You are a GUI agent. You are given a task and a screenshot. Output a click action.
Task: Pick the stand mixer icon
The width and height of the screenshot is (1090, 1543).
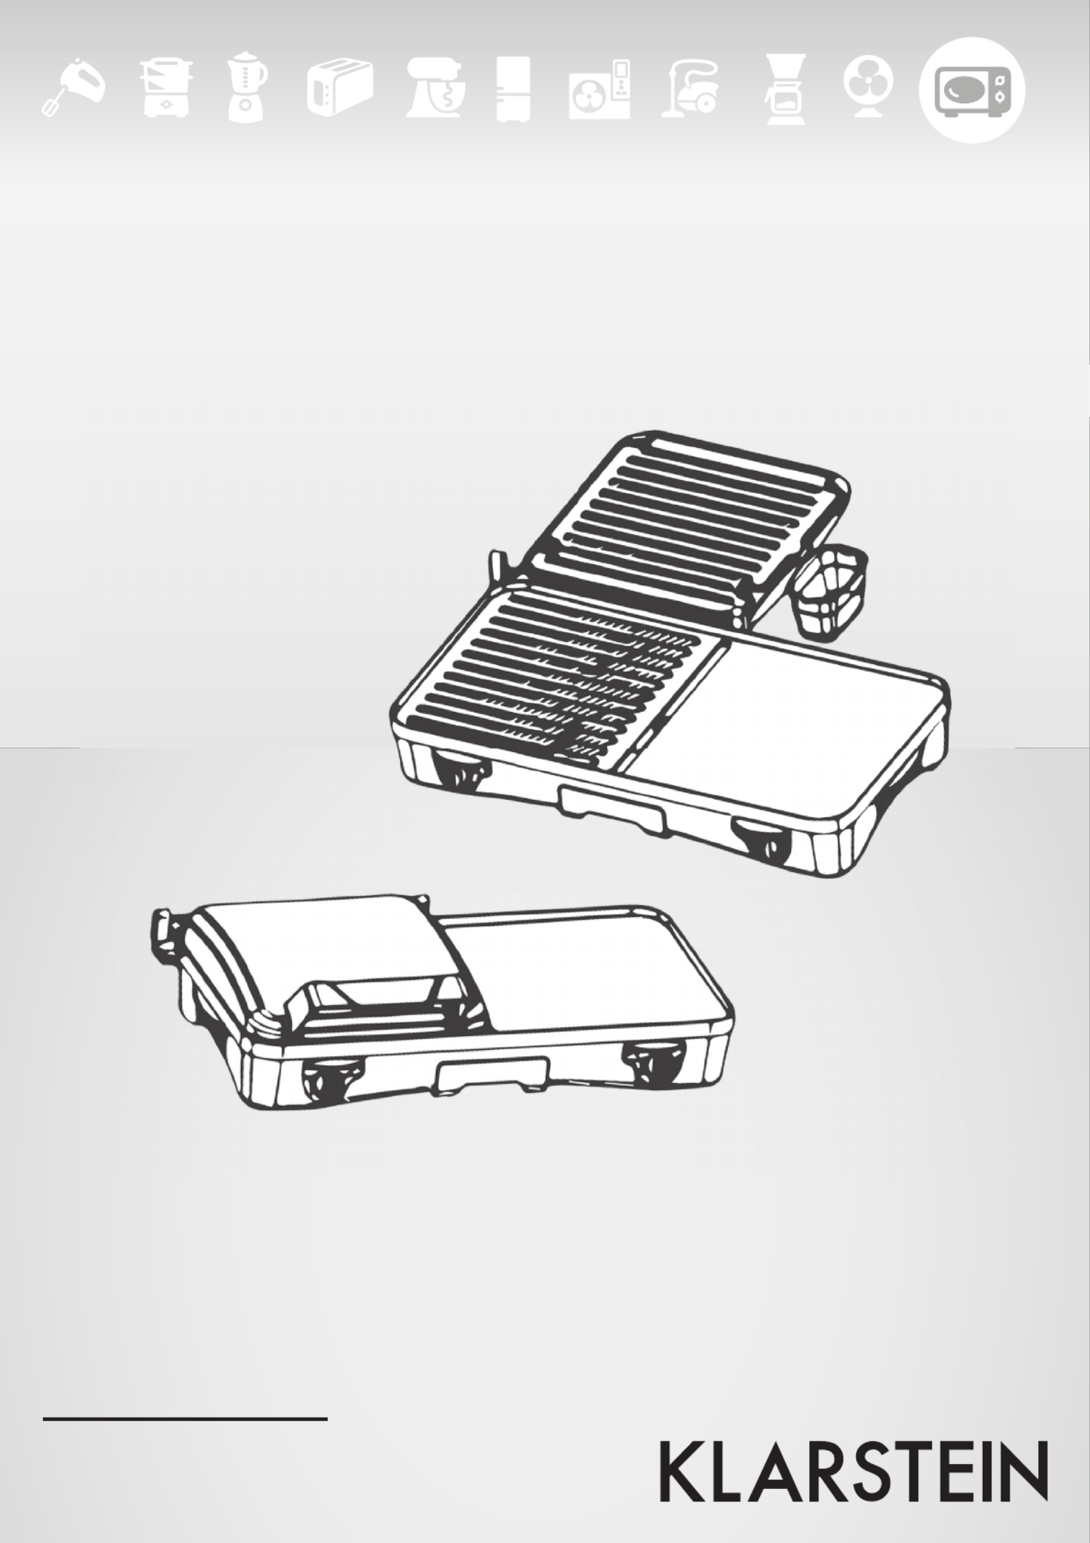click(435, 89)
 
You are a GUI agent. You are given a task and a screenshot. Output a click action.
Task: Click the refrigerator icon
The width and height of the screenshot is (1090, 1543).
click(514, 91)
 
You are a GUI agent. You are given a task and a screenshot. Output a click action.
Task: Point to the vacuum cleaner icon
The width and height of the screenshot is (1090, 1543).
click(690, 90)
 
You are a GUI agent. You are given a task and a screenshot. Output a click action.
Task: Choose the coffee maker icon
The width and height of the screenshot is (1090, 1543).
click(787, 91)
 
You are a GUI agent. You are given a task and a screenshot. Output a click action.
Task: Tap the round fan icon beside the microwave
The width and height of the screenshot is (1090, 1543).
click(868, 90)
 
